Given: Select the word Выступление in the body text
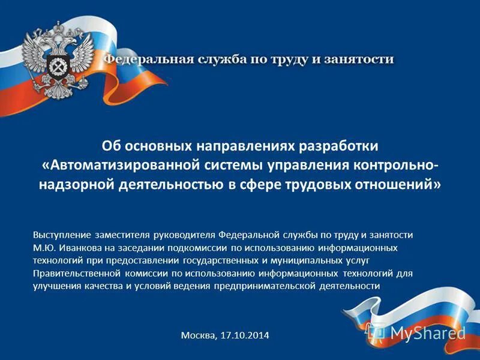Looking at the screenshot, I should (x=62, y=235).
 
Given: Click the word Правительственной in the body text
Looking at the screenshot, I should (x=73, y=273).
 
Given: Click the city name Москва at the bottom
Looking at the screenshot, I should (x=197, y=335).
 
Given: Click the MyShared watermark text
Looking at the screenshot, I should (x=428, y=332).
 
